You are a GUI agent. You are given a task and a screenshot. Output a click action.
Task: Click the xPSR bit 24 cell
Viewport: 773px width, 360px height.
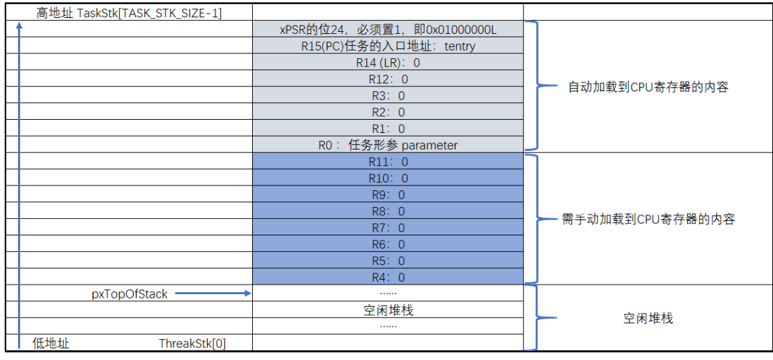(x=387, y=30)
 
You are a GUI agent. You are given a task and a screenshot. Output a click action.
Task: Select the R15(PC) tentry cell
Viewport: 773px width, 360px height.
(x=387, y=46)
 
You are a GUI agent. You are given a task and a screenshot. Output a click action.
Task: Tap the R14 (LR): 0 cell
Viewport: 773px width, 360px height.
(x=387, y=63)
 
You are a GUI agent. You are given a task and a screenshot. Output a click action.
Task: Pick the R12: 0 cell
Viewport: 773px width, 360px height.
(x=387, y=79)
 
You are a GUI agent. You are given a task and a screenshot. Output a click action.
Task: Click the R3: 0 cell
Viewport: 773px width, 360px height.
(x=387, y=96)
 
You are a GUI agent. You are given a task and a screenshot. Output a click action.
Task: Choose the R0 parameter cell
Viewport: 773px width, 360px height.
(x=387, y=145)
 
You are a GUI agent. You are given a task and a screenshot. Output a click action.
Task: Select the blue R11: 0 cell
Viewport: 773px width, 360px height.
(x=387, y=162)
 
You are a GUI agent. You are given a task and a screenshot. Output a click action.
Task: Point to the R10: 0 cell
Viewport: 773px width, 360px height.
(x=387, y=178)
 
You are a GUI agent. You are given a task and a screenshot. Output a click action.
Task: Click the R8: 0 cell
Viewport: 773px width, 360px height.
(x=387, y=211)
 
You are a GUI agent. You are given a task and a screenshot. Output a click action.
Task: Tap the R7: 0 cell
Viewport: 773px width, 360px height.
(x=387, y=228)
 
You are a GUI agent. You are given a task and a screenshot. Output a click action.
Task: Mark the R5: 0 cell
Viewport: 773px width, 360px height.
(x=387, y=261)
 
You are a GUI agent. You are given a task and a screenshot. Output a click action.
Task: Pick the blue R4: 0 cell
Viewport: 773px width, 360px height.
(x=387, y=278)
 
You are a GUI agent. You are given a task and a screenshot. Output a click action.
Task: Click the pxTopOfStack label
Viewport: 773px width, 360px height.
(x=130, y=294)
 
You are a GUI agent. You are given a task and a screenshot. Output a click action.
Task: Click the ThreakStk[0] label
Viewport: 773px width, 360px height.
(x=192, y=343)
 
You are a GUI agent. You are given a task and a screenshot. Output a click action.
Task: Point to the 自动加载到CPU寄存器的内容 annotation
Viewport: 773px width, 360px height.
(x=648, y=88)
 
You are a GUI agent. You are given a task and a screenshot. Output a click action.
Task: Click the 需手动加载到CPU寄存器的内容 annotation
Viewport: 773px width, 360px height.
(x=648, y=219)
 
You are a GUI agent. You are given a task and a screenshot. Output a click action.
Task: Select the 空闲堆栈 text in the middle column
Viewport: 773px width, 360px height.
(x=387, y=311)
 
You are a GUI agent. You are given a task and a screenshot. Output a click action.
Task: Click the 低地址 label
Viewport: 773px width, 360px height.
(x=51, y=343)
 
